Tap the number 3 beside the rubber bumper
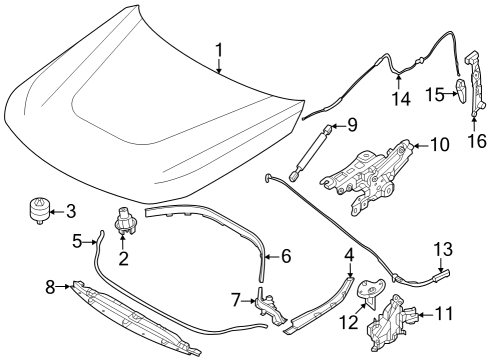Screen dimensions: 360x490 (x=69, y=211)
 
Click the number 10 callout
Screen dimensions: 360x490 (x=440, y=145)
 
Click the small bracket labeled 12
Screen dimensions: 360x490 (x=368, y=294)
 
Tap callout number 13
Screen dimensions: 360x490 (x=442, y=248)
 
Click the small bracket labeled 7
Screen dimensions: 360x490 (x=266, y=303)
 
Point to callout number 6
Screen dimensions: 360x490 (x=285, y=256)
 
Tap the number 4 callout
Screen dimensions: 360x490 (x=348, y=254)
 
